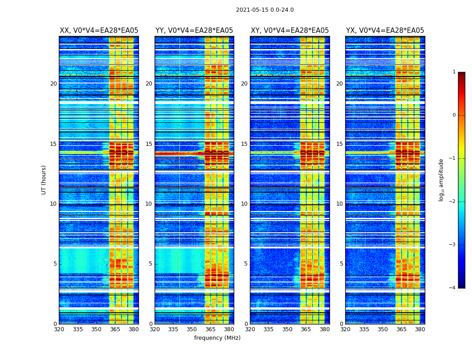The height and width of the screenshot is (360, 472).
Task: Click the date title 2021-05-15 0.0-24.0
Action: click(265, 10)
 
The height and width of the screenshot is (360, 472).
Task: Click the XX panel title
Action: click(99, 31)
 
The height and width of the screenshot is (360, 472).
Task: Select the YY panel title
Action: click(194, 31)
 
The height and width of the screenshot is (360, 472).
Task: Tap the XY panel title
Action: click(289, 31)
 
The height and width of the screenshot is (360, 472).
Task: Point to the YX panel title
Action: click(385, 31)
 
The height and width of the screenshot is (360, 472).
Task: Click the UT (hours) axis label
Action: click(44, 180)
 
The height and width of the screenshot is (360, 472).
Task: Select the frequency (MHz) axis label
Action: click(217, 338)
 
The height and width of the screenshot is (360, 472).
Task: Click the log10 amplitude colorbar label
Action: click(441, 180)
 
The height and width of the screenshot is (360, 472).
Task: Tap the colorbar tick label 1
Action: click(454, 72)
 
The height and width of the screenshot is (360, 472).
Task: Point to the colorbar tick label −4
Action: click(453, 288)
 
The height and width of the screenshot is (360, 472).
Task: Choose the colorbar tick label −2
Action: click(453, 202)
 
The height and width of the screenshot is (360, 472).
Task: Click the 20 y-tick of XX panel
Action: click(53, 84)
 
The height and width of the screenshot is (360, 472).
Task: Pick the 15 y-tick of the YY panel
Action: click(149, 144)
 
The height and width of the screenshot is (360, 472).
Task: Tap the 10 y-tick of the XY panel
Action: click(244, 204)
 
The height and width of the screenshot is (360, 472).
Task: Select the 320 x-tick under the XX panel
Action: click(59, 329)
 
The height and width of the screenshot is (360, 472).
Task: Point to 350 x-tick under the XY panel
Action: click(287, 329)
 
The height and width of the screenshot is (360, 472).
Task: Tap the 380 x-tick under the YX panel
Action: click(420, 329)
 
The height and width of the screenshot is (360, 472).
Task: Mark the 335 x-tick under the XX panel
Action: click(78, 329)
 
